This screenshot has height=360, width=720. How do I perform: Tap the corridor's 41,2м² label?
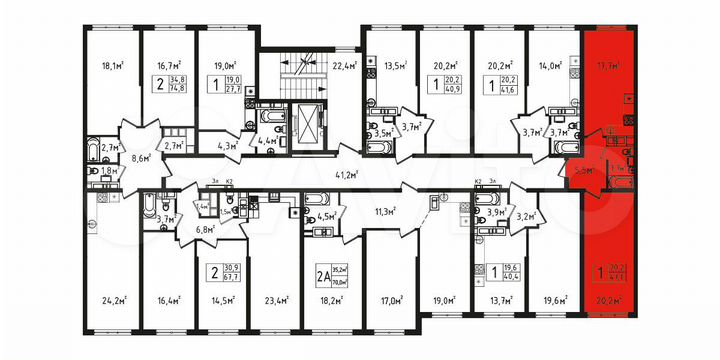click(349, 173)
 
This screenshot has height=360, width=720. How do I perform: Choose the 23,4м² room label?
click(274, 297)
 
